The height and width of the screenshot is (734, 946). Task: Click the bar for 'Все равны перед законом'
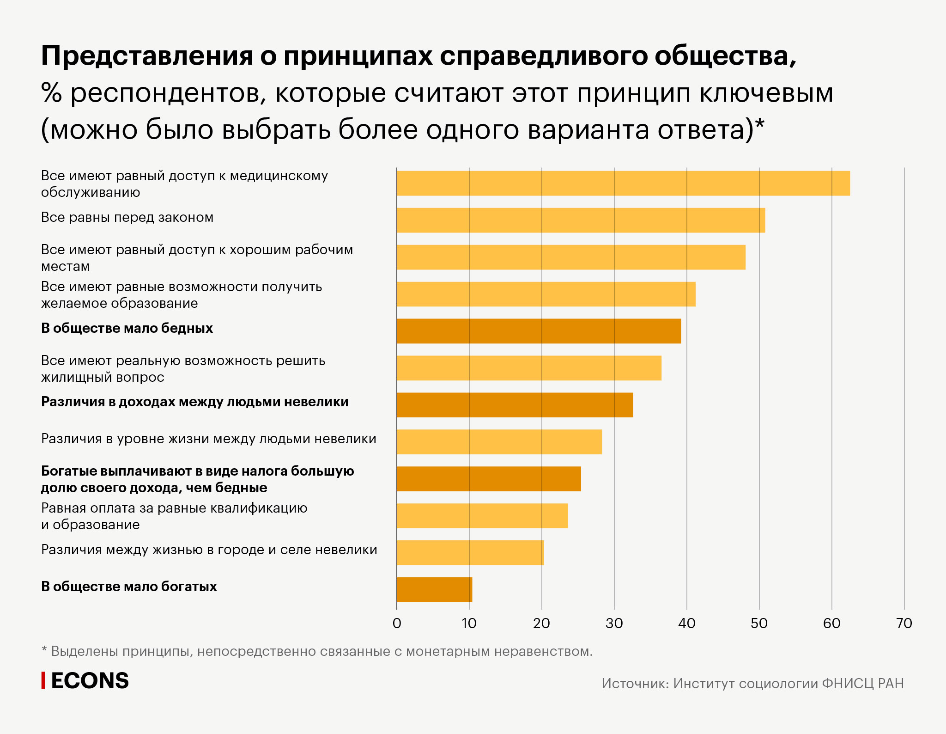click(581, 220)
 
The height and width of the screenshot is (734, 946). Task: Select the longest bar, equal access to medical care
click(623, 183)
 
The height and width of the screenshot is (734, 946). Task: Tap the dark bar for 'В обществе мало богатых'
click(434, 589)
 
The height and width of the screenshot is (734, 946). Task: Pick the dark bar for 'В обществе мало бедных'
click(539, 331)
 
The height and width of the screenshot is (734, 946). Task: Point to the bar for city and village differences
click(470, 552)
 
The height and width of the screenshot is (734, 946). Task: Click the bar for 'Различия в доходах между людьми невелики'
click(515, 405)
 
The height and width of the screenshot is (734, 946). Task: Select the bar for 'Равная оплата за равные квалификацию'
click(482, 515)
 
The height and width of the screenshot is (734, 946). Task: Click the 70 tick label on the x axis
click(904, 624)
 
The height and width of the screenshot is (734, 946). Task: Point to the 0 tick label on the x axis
click(397, 624)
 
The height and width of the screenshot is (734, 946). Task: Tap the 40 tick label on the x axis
click(686, 624)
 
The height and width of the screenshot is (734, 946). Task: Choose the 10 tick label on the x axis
click(469, 624)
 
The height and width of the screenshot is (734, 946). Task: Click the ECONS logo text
click(90, 681)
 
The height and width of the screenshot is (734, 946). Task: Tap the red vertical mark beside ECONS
click(43, 681)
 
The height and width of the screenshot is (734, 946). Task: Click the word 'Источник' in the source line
click(635, 684)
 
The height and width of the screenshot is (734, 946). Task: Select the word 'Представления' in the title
click(147, 56)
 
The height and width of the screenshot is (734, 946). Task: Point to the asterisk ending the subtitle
click(759, 124)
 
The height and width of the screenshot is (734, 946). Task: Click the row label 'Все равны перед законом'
click(127, 217)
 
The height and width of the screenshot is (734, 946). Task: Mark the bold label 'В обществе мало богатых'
click(129, 587)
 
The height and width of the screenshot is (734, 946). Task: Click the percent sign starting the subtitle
click(51, 93)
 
